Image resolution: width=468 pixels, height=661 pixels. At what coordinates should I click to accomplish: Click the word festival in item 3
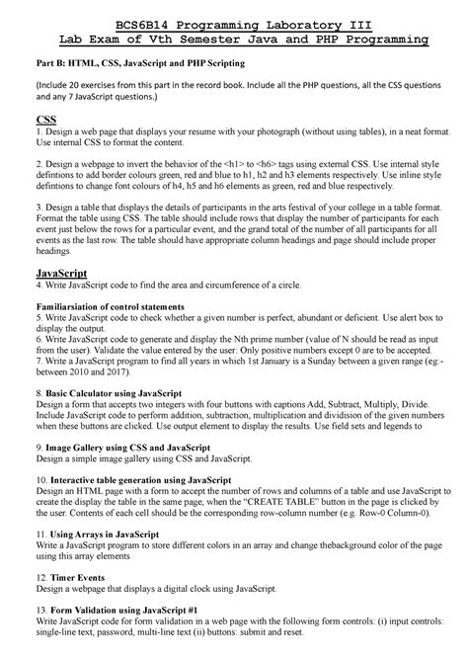[312, 212]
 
